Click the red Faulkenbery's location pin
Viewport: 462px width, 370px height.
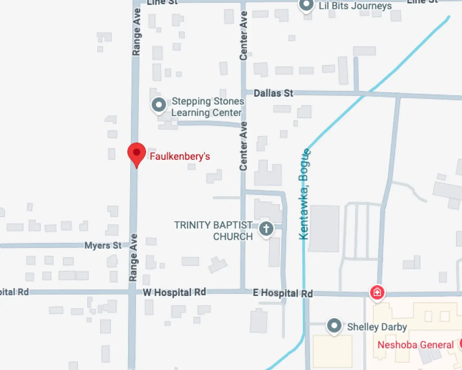point(136,153)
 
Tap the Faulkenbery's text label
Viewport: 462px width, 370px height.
point(180,156)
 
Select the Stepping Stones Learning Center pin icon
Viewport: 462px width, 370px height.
point(159,105)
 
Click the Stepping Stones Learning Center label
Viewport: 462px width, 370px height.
point(207,107)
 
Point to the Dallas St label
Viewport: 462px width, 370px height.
point(273,93)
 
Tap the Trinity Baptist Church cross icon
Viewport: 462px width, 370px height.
point(266,229)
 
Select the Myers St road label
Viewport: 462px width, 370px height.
point(103,245)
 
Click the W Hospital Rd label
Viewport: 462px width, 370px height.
point(174,292)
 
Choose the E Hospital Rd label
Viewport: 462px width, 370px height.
point(283,293)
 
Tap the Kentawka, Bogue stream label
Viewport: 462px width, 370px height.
point(304,194)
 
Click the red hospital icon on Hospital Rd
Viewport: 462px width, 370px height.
point(377,292)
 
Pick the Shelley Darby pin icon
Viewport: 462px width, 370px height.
point(334,326)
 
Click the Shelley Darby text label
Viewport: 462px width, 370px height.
point(377,327)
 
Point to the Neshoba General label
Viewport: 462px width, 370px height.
point(415,345)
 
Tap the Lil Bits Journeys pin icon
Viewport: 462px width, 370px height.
point(306,5)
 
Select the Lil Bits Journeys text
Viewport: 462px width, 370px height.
point(355,6)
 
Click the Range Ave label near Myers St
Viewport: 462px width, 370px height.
point(133,257)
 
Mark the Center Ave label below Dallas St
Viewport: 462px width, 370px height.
point(243,146)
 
